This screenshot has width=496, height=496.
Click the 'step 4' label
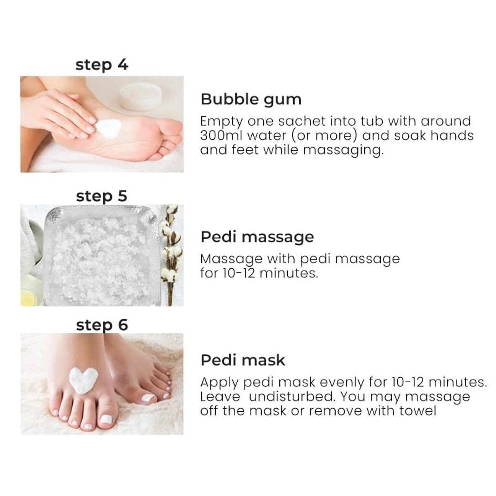point(102,65)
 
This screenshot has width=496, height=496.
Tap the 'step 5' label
point(102,196)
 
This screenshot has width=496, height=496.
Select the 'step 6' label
point(102,325)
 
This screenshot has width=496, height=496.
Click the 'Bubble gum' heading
point(251,100)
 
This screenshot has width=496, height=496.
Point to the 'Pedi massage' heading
point(257,237)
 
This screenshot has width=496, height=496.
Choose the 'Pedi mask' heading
point(243,360)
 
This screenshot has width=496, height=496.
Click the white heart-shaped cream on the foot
point(83,379)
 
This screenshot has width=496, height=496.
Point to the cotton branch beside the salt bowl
point(171,252)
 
